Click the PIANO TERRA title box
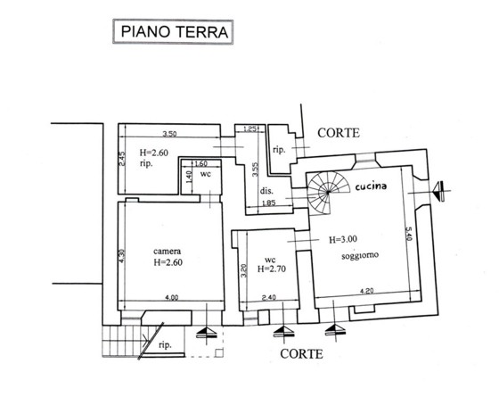coord(173,32)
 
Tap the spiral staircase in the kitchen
coord(328,193)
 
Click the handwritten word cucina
coord(371,186)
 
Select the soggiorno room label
coord(360,255)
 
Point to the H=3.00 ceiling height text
coord(343,239)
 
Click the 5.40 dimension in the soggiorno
coord(409,233)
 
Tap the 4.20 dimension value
coord(366,291)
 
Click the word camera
coord(168,251)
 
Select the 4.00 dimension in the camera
coord(171,298)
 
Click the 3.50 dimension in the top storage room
coord(169,134)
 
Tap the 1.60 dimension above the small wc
coord(200,164)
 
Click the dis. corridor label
coord(266,191)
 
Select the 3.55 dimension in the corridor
coord(255,170)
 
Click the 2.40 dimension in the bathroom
coord(268,298)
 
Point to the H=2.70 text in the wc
coord(272,269)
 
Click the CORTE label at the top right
coord(339,133)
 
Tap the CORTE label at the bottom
coord(301,354)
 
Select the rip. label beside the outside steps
coord(165,344)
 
